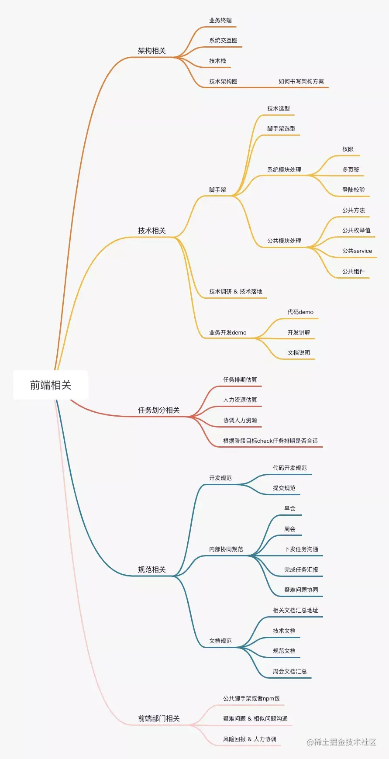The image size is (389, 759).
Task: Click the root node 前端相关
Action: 51,385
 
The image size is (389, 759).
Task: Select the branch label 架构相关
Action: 152,51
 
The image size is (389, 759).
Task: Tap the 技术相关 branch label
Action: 152,231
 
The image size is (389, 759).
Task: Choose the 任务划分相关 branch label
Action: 159,410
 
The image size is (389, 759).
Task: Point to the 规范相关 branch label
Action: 152,569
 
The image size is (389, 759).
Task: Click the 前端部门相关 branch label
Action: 159,718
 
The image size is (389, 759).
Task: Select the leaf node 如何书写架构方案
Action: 301,81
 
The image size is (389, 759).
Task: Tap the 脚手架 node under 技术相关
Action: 217,190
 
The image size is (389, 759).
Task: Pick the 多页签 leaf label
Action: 351,169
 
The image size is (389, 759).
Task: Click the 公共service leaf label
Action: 357,251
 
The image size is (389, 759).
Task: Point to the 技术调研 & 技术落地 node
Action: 236,292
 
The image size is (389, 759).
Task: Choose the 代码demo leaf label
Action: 300,312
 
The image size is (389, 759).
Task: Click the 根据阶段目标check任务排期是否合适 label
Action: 271,441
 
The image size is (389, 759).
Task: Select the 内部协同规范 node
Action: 226,549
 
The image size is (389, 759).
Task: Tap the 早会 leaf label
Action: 290,509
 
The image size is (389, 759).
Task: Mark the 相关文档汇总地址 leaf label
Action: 296,611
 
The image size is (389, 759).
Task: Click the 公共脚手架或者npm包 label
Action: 251,699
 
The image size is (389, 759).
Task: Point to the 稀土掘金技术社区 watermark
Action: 341,742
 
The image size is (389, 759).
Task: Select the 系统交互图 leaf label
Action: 223,41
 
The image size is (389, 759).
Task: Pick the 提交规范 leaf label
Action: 284,488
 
